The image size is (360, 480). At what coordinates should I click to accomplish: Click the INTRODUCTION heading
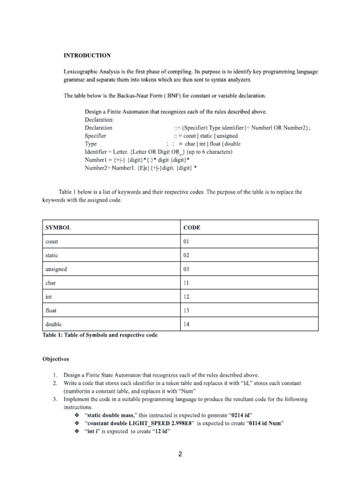(x=87, y=55)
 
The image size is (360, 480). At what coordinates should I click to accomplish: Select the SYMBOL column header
(x=58, y=227)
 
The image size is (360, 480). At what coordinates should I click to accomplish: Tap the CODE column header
(x=192, y=227)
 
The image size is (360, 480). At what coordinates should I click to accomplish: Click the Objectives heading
(x=56, y=359)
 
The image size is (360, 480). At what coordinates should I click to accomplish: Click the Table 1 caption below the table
(x=100, y=335)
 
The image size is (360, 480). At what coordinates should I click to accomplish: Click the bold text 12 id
(x=157, y=432)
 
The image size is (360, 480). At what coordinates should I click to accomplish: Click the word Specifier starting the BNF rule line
(x=96, y=135)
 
